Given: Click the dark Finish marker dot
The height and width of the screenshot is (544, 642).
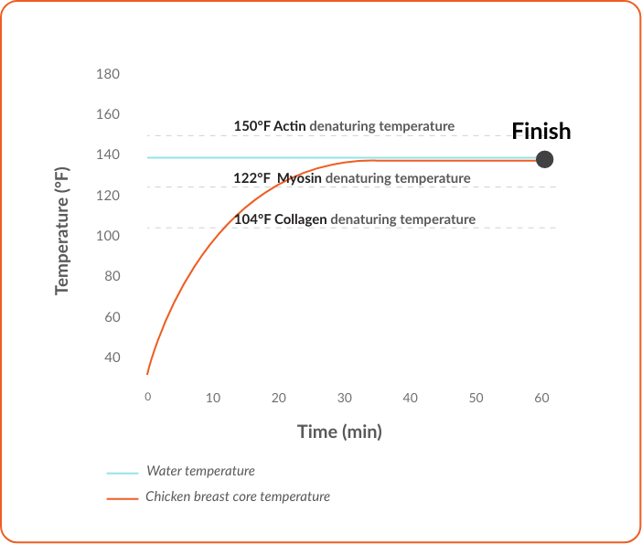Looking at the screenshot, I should [x=544, y=160].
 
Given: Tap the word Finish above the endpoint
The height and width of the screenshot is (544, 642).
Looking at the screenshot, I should [x=540, y=132].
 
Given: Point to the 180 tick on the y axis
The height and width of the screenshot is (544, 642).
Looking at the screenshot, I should [x=108, y=74].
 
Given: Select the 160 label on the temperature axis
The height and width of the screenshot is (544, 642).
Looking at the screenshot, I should [x=108, y=115].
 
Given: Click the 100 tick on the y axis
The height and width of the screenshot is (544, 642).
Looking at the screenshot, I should [x=108, y=236].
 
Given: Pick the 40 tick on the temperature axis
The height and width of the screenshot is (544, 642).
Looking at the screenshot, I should [x=112, y=357].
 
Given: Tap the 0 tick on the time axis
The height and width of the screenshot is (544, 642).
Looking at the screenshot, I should [x=147, y=397].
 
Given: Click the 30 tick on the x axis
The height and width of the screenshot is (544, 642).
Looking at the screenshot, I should [x=345, y=398].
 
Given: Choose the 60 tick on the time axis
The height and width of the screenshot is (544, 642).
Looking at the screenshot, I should [x=541, y=398].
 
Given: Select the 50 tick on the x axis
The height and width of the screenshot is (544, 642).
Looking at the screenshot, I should [x=476, y=398].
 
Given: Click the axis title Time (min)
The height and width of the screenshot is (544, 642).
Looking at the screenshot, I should [x=339, y=432].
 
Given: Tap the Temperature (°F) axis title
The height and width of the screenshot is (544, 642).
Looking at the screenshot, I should [x=62, y=229].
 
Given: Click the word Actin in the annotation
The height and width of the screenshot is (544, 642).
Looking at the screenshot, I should [x=291, y=126].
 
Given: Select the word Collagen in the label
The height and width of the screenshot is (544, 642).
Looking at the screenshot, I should [x=301, y=219].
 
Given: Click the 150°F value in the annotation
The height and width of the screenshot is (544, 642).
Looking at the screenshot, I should [x=252, y=126].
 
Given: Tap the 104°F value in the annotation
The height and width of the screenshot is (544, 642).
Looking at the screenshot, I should [x=252, y=219].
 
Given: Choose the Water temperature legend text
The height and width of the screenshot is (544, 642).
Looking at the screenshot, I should [x=200, y=472].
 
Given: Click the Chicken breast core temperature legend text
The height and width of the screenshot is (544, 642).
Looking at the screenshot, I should [x=238, y=497].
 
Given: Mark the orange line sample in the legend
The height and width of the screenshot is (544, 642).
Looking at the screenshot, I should [x=122, y=498].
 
